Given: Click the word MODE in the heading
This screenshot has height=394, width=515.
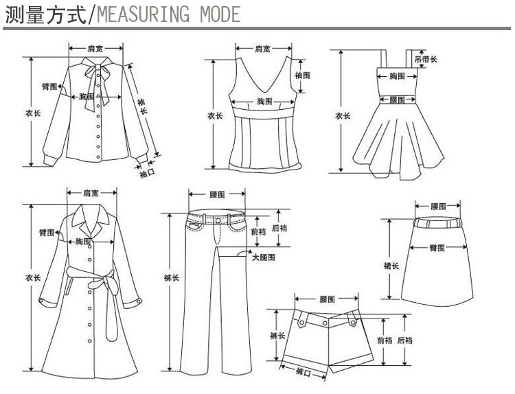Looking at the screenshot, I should tap(219, 14).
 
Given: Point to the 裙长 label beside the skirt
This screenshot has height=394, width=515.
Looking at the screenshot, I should tap(391, 265).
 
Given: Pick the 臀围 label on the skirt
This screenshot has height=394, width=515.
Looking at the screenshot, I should tap(437, 246).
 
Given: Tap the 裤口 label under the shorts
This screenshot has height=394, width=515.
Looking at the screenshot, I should tap(303, 372).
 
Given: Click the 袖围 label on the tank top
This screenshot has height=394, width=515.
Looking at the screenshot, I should tap(302, 74).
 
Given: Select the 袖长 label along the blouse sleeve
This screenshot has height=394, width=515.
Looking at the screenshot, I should tap(143, 106).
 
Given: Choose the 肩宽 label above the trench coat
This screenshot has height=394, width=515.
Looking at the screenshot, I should tap(91, 193).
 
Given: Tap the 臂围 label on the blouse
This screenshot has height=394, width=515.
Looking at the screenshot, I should tap(49, 86).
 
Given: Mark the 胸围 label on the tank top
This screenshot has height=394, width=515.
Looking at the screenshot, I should tap(265, 101).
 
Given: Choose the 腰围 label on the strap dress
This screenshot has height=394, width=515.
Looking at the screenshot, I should tap(396, 100).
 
